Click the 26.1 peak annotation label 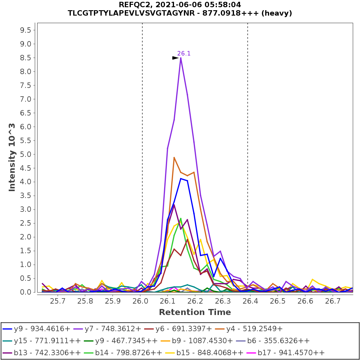click(x=184, y=54)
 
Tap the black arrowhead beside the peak click(x=175, y=58)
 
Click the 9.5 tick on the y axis click(x=25, y=30)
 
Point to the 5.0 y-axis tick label click(x=25, y=154)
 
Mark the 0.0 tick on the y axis click(x=25, y=292)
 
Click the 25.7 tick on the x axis click(x=57, y=301)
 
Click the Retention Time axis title click(x=195, y=312)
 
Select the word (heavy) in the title click(x=277, y=13)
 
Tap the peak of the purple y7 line click(x=181, y=58)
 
